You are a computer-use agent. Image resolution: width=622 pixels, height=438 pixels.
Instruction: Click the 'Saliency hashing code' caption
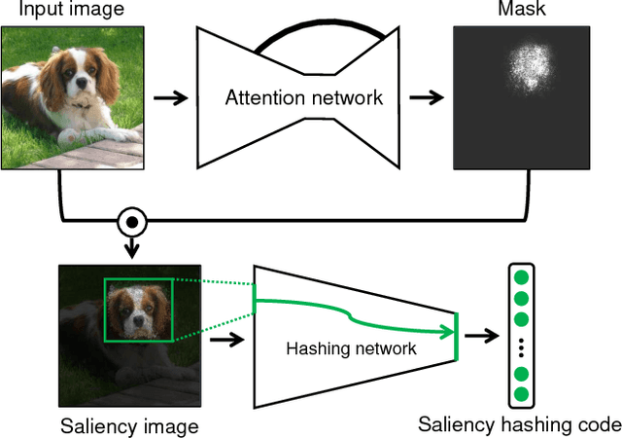tap(520, 424)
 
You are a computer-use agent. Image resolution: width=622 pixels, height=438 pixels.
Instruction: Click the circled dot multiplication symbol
tap(131, 222)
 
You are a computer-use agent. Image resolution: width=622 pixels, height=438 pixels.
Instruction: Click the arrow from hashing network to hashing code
tap(478, 337)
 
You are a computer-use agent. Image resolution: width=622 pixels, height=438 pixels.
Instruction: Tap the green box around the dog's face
tap(138, 310)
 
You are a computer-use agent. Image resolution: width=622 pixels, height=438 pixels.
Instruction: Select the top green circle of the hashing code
tap(522, 277)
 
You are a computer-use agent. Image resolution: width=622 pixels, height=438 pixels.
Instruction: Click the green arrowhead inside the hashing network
tap(450, 333)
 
